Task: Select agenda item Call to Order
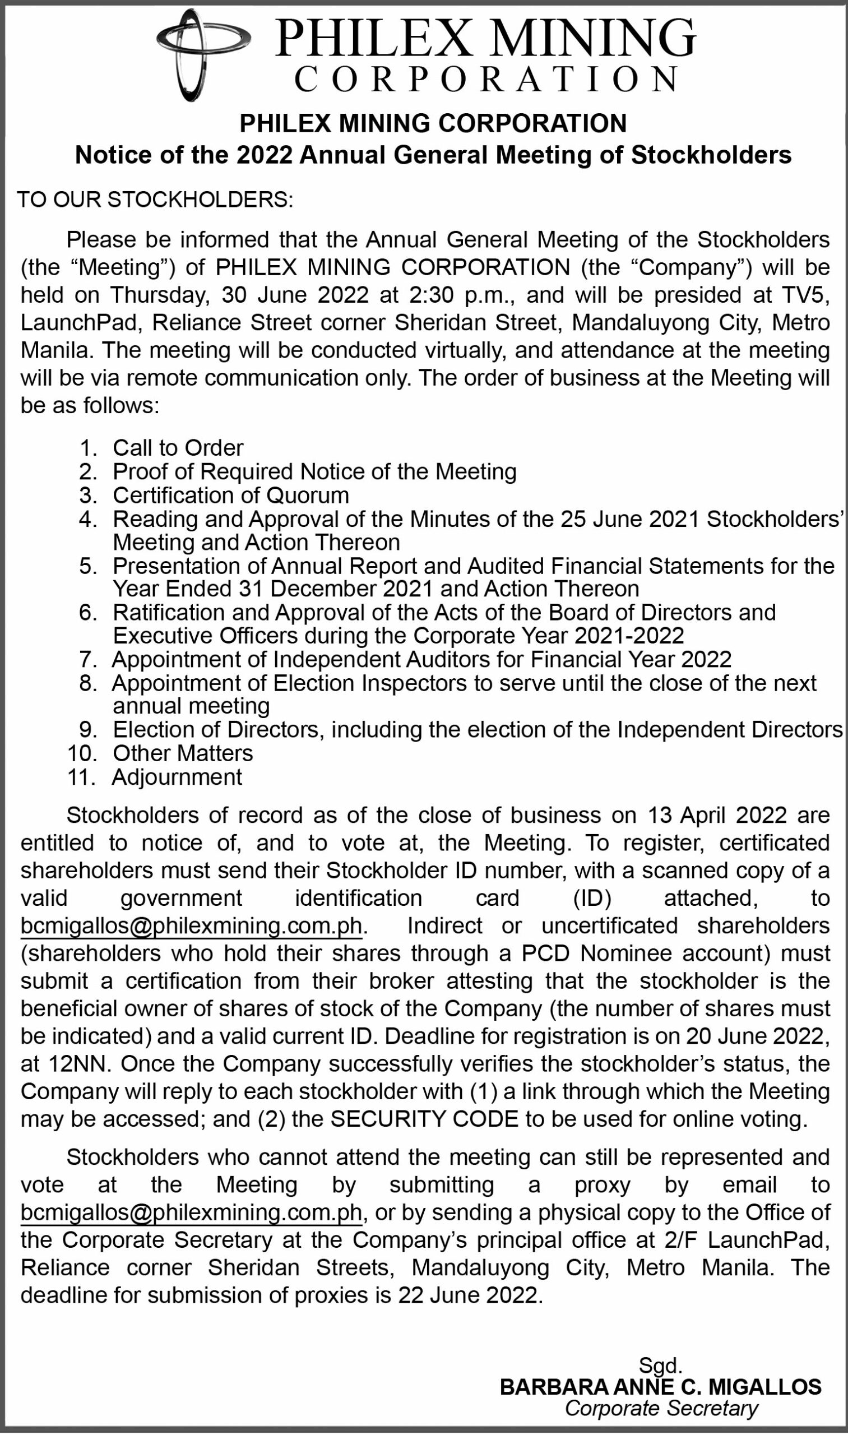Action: pyautogui.click(x=178, y=447)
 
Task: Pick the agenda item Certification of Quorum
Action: pyautogui.click(x=230, y=494)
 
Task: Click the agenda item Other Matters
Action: pyautogui.click(x=182, y=753)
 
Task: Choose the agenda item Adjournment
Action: pyautogui.click(x=177, y=777)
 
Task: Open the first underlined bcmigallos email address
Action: pyautogui.click(x=192, y=925)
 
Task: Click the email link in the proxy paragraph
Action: pyautogui.click(x=192, y=1212)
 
